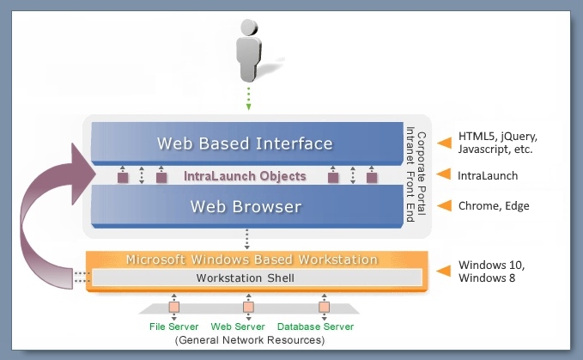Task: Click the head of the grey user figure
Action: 249,27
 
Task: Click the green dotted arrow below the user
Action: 248,99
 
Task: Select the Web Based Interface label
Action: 245,143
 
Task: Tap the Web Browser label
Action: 246,207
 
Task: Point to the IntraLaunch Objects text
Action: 245,176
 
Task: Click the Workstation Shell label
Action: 245,278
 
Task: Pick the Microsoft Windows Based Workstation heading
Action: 252,259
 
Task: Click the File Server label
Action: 173,326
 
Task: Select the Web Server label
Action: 238,326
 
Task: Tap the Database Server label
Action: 315,326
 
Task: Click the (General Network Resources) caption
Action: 250,340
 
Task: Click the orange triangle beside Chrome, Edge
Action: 444,205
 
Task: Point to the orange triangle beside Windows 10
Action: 443,271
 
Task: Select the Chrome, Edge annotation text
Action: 494,205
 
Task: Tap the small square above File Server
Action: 174,308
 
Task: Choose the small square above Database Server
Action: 324,308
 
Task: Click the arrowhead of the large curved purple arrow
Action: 83,174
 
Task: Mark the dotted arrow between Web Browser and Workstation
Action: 246,239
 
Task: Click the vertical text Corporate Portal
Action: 422,174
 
